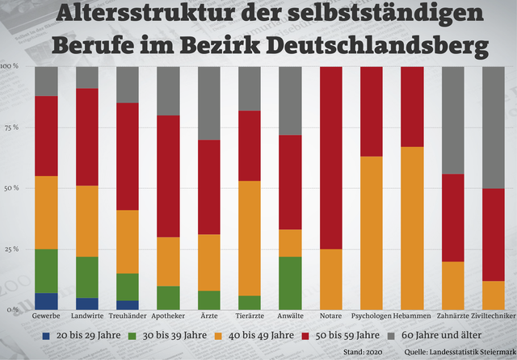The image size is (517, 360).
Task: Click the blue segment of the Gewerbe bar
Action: pos(46,301)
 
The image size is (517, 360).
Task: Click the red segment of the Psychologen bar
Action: pos(371,111)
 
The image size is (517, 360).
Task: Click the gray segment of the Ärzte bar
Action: pos(208,103)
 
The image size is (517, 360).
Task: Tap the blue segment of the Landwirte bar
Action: pos(86,303)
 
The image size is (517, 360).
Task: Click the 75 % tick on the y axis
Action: pos(10,128)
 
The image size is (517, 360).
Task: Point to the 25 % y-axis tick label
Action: pos(10,249)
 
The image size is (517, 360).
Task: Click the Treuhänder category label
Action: pos(127,316)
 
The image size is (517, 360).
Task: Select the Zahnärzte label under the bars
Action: pos(452,316)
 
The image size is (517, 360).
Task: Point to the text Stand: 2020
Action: pos(362,352)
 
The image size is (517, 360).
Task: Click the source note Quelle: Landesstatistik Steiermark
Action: pos(461,352)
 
